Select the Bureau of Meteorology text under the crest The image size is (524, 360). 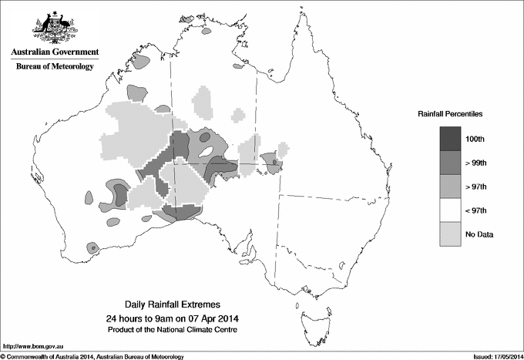coord(55,67)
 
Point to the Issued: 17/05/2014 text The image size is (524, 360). coord(492,356)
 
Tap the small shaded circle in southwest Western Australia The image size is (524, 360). coord(92,248)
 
